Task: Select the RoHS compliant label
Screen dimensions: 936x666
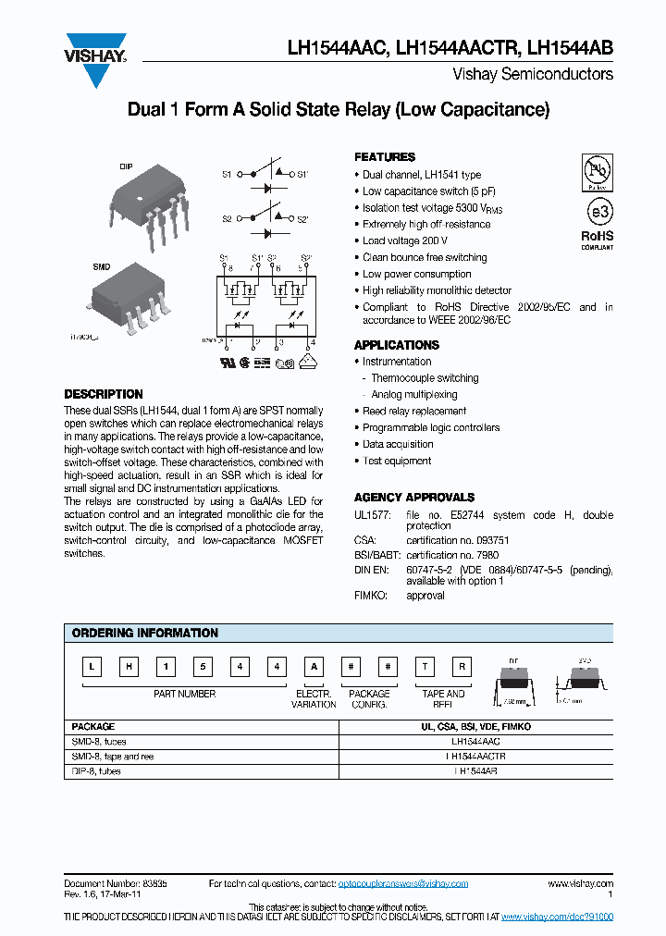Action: pos(597,240)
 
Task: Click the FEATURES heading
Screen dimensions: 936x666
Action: pos(385,157)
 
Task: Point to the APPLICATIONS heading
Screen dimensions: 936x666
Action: pos(397,345)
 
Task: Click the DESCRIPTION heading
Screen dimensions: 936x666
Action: pos(104,394)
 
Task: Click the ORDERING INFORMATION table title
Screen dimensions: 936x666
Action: pos(145,634)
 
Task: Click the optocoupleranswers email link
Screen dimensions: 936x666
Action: pos(406,884)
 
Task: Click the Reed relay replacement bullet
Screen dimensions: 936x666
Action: pos(413,412)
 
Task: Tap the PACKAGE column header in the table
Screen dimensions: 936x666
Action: pos(93,727)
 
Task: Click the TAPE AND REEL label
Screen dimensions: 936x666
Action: pos(444,699)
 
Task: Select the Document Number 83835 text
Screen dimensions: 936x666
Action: pos(116,884)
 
